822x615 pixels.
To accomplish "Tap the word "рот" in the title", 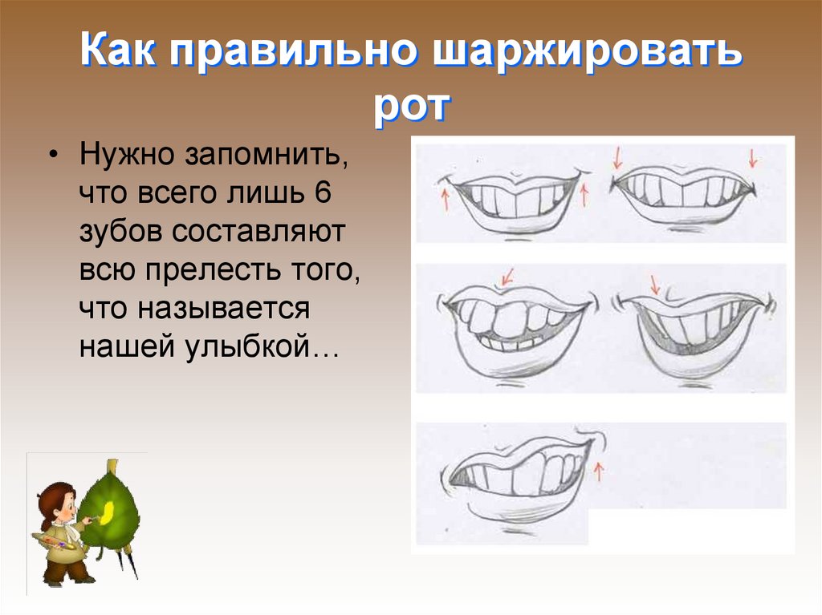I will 411,107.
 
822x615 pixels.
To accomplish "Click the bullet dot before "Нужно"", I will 54,155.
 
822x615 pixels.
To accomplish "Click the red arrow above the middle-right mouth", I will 656,283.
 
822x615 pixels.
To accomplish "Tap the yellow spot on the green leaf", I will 109,506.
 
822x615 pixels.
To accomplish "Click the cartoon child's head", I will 59,501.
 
